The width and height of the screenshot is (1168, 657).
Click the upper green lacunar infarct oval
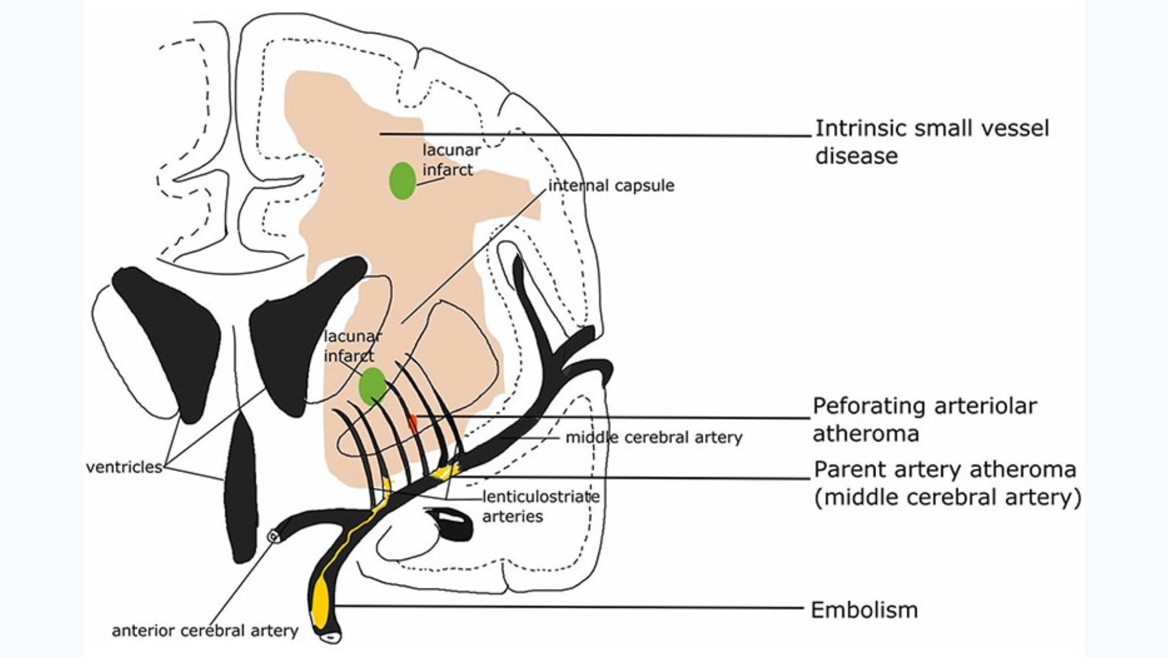click(402, 181)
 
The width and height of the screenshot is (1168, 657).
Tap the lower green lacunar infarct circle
click(372, 386)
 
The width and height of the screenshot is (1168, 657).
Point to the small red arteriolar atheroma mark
click(413, 423)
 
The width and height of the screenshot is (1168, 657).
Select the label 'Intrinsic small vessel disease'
click(931, 142)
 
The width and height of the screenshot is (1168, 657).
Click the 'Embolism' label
click(864, 610)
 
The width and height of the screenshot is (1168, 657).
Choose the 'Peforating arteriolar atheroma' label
click(925, 420)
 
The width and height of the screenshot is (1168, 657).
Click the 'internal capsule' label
click(611, 186)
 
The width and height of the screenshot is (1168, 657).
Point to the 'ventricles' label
click(124, 467)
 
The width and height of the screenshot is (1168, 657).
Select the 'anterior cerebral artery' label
click(205, 631)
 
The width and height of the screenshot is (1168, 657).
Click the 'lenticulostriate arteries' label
click(540, 506)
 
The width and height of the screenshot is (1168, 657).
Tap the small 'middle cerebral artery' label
click(654, 437)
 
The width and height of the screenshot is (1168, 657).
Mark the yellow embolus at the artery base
click(320, 602)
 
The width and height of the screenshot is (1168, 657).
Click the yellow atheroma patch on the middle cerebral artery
click(445, 471)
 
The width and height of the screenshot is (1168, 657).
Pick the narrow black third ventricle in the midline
click(242, 487)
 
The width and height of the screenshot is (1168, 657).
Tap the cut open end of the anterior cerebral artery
click(274, 536)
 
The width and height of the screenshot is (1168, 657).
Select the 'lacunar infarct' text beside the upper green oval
click(451, 160)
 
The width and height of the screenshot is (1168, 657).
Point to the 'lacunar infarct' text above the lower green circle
click(352, 346)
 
